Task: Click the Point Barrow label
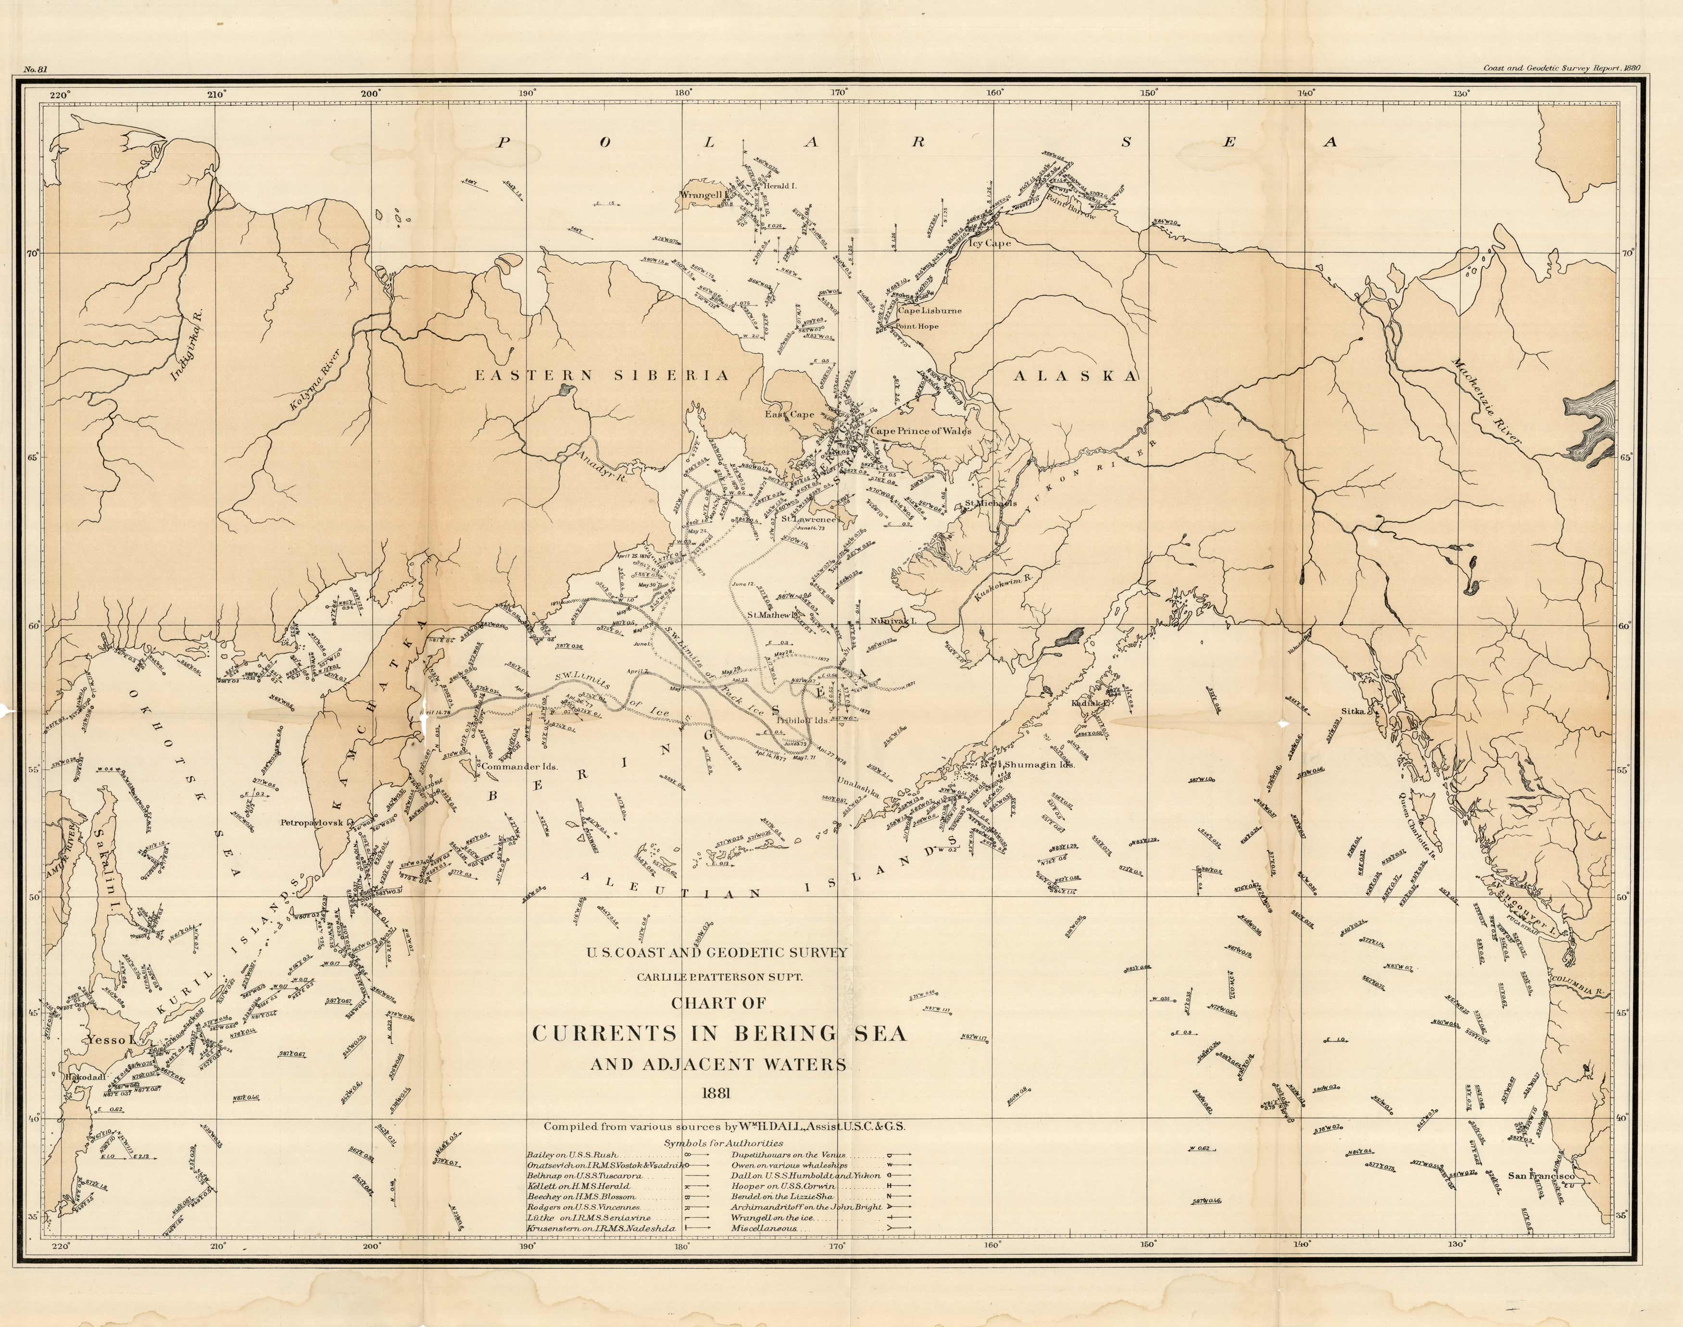coord(1070,208)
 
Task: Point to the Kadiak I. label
coord(1092,702)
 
